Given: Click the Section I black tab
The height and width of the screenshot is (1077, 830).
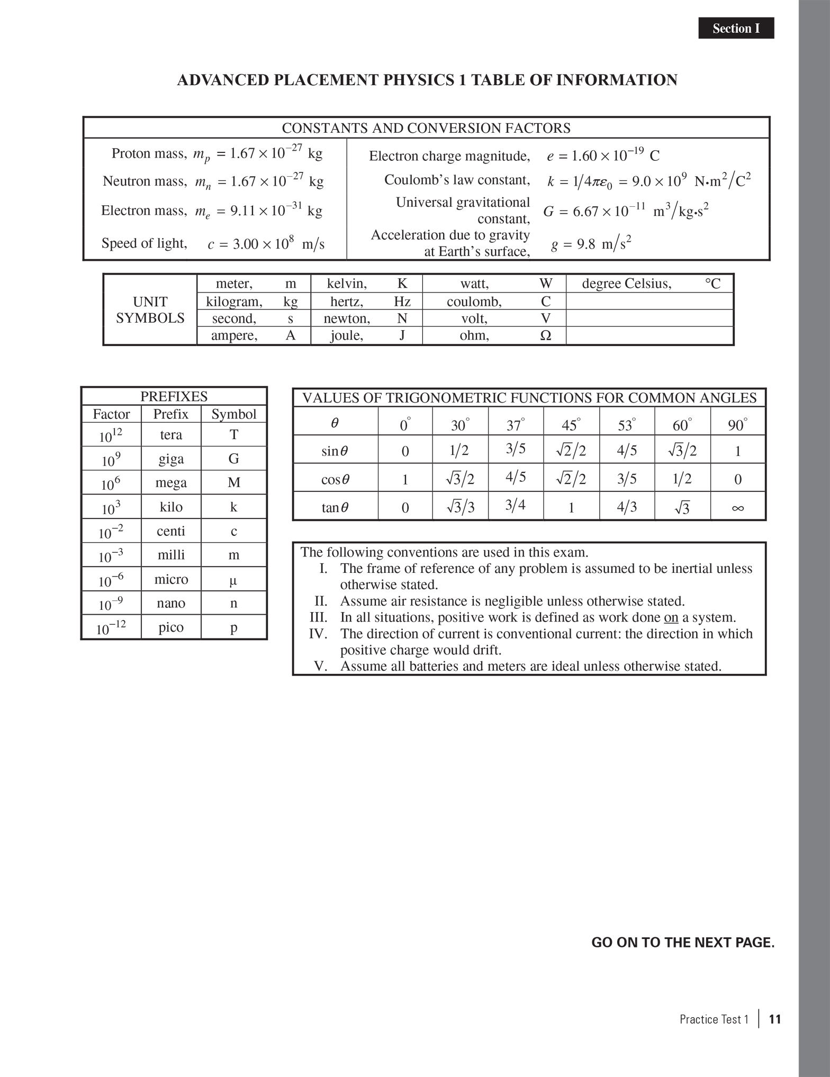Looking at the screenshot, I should pyautogui.click(x=736, y=29).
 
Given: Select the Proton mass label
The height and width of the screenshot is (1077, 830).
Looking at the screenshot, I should pyautogui.click(x=149, y=153).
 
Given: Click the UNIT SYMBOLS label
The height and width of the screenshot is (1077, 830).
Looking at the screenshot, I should pyautogui.click(x=150, y=310).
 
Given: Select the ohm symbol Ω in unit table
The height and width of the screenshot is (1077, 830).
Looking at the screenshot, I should pyautogui.click(x=546, y=336).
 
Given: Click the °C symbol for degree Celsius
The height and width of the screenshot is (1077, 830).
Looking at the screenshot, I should pyautogui.click(x=712, y=284).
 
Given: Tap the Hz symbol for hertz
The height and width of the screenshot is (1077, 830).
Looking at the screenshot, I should pyautogui.click(x=402, y=302).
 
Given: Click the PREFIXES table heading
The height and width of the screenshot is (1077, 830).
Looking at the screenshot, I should pyautogui.click(x=174, y=397).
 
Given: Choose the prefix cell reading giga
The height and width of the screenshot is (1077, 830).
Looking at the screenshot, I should pyautogui.click(x=171, y=459).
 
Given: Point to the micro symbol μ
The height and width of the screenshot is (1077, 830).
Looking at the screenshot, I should pyautogui.click(x=233, y=580).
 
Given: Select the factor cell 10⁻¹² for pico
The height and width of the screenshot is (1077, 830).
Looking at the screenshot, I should pyautogui.click(x=111, y=627).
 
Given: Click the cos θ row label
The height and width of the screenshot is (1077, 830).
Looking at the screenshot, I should pyautogui.click(x=336, y=480).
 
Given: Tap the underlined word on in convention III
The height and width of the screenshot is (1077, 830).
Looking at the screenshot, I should pyautogui.click(x=671, y=617).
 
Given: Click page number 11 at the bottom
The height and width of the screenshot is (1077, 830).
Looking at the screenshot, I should pyautogui.click(x=775, y=1019).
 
